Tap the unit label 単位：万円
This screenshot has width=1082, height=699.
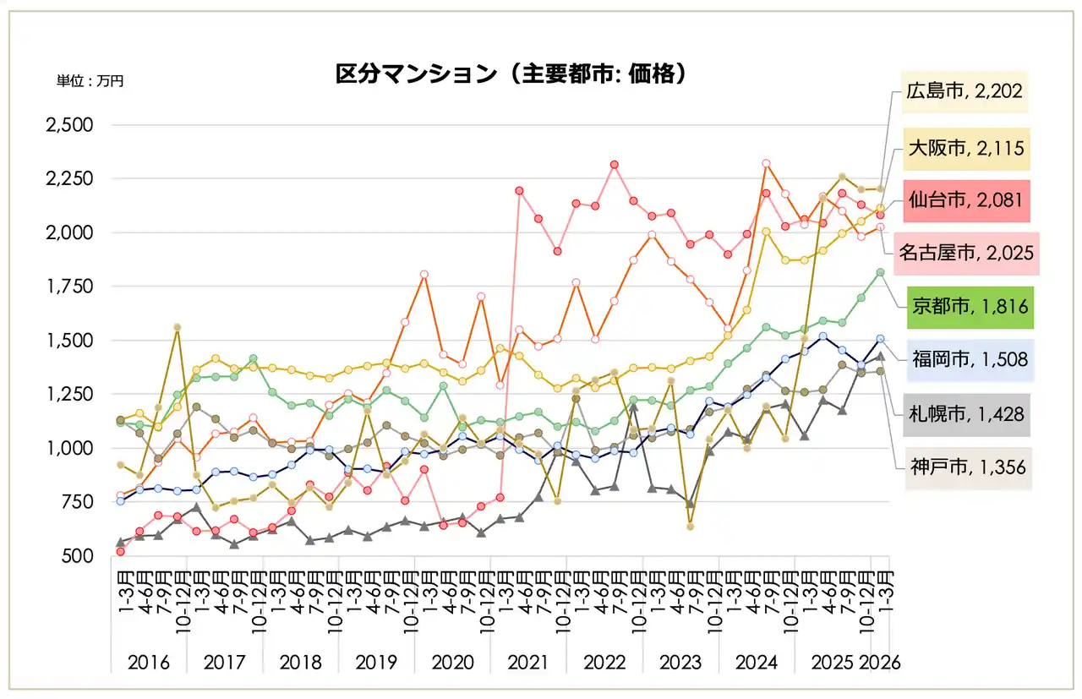[90, 81]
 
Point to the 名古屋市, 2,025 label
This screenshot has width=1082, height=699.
[966, 253]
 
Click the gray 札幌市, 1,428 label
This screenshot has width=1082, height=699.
[966, 414]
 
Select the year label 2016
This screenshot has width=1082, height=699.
[149, 662]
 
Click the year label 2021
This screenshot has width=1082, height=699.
[528, 662]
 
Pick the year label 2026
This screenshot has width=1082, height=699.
[880, 662]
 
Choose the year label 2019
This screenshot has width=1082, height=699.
[376, 662]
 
